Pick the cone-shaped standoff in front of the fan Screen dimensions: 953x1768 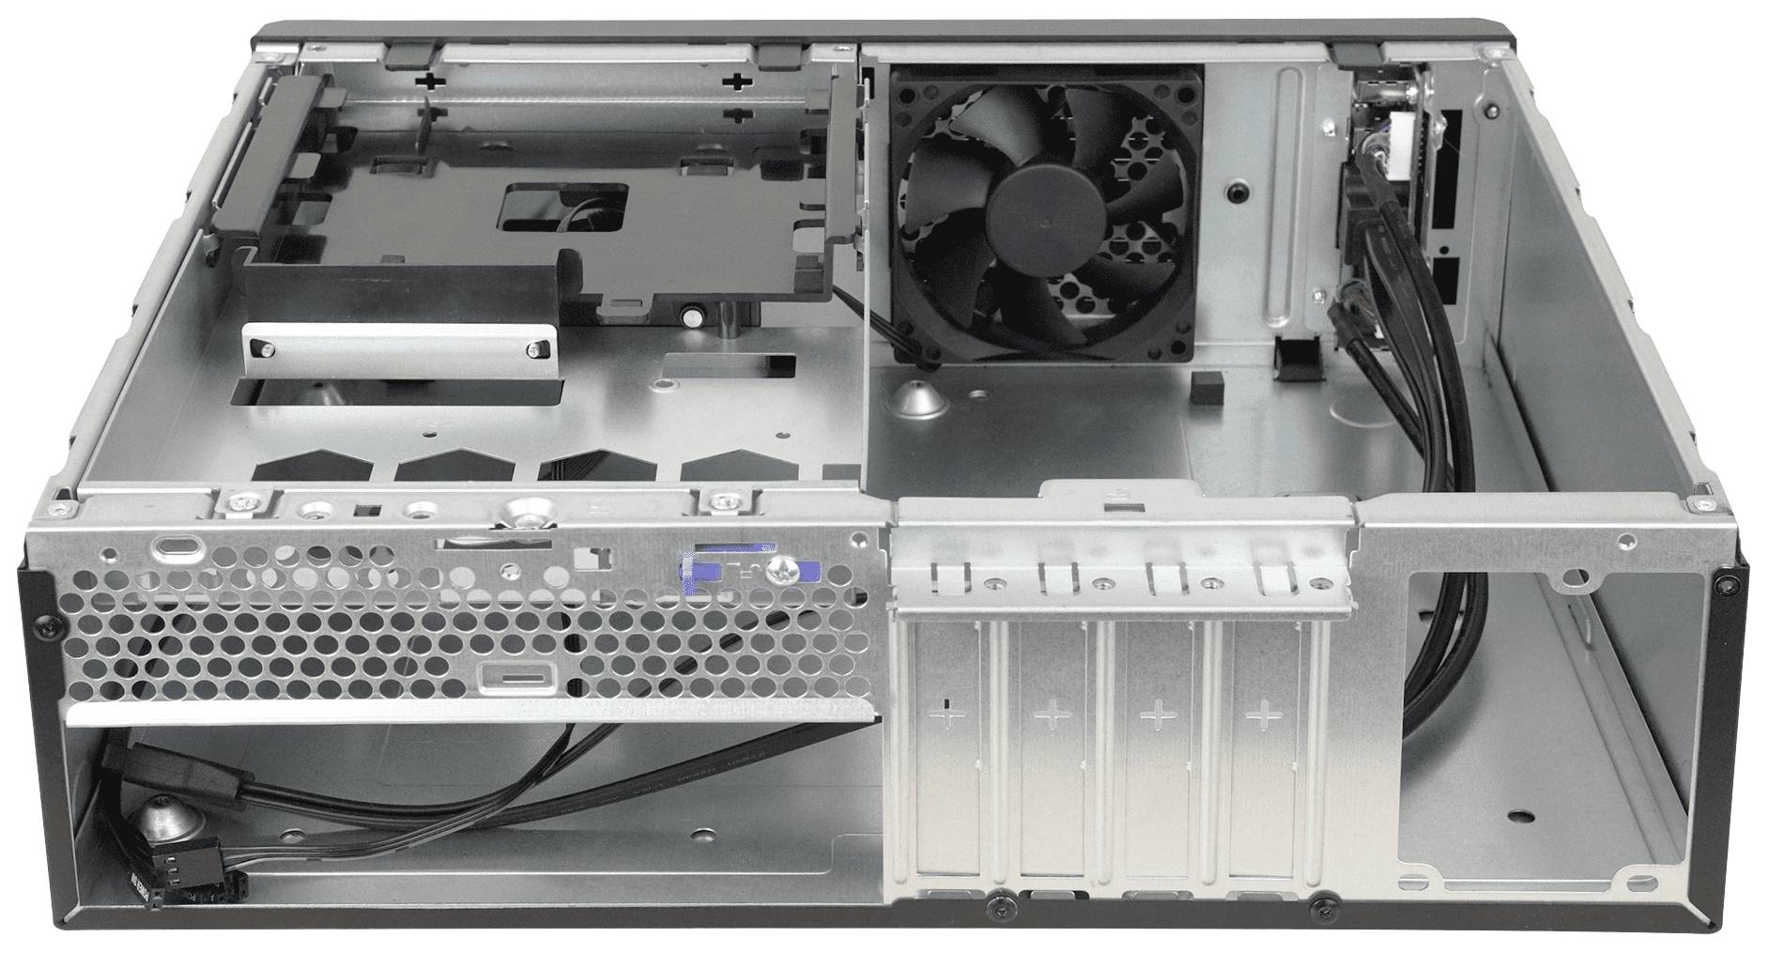(914, 399)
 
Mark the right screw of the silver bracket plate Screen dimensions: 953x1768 (534, 348)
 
